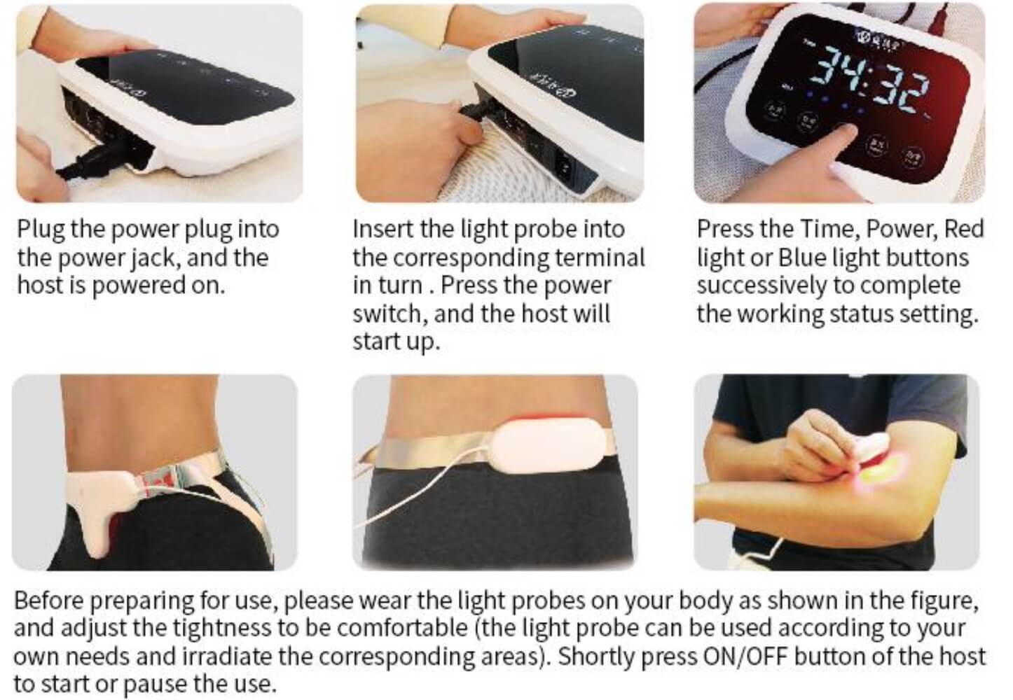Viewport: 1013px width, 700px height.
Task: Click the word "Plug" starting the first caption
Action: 41,230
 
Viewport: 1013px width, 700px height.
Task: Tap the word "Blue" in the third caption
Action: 801,258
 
